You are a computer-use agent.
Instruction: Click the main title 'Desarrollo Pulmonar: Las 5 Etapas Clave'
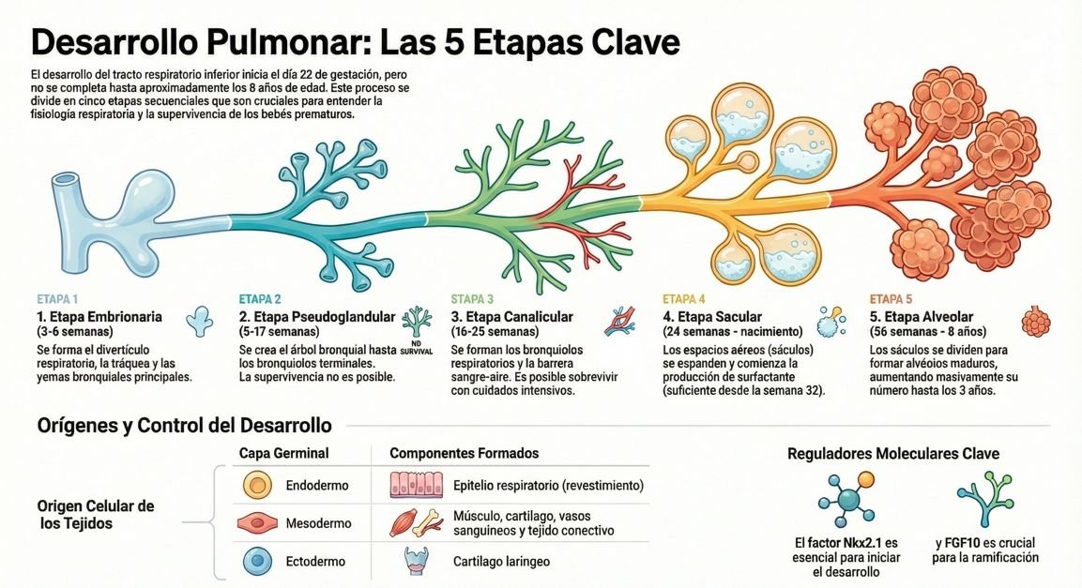pyautogui.click(x=356, y=42)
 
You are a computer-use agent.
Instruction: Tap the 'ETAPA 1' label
pyautogui.click(x=57, y=299)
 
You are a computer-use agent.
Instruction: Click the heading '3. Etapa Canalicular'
pyautogui.click(x=511, y=317)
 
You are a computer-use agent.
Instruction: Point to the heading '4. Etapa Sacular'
pyautogui.click(x=712, y=317)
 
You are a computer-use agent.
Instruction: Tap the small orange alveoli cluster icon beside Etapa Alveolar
pyautogui.click(x=1036, y=321)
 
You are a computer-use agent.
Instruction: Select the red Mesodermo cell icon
pyautogui.click(x=256, y=523)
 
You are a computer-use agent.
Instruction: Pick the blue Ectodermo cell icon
pyautogui.click(x=256, y=561)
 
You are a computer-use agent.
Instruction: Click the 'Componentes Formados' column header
pyautogui.click(x=464, y=453)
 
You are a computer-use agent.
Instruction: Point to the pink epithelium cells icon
pyautogui.click(x=416, y=486)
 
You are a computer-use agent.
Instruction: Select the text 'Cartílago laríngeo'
pyautogui.click(x=501, y=561)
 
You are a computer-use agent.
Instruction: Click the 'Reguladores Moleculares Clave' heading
pyautogui.click(x=892, y=453)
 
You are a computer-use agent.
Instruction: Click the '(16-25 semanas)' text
pyautogui.click(x=495, y=332)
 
